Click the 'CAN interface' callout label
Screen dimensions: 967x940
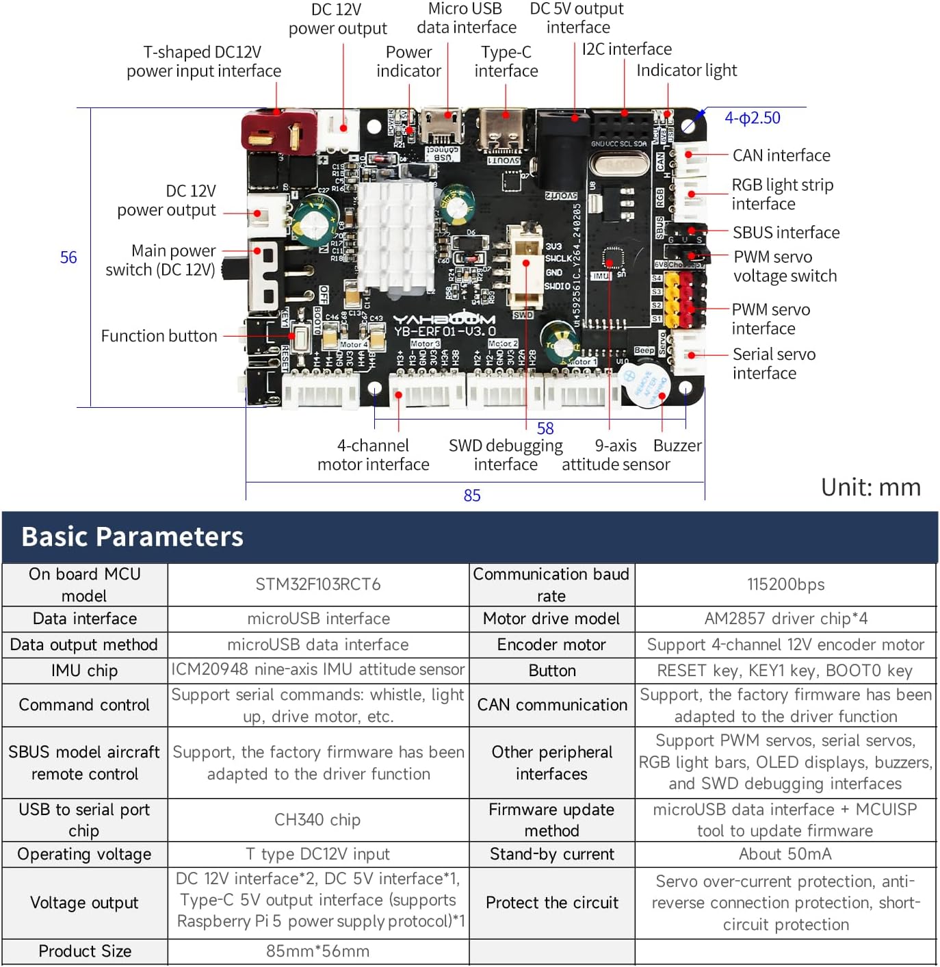click(x=781, y=155)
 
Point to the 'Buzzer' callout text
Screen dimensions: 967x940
click(x=677, y=446)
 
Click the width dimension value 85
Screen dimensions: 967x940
click(x=472, y=495)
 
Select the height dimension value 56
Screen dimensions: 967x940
click(x=68, y=257)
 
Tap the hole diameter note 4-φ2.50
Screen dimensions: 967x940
click(x=753, y=118)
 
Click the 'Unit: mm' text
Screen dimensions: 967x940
click(x=870, y=487)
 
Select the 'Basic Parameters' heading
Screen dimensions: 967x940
click(x=133, y=537)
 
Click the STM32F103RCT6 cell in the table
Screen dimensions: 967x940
click(x=318, y=584)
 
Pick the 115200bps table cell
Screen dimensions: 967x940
click(x=785, y=584)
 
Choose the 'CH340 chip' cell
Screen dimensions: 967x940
click(x=317, y=820)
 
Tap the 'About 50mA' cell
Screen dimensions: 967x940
click(x=785, y=854)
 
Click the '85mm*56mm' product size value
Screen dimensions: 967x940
click(x=317, y=951)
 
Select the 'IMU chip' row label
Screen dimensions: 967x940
click(x=84, y=671)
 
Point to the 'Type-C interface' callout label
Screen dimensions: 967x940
click(x=506, y=62)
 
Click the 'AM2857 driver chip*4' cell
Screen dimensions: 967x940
click(x=785, y=619)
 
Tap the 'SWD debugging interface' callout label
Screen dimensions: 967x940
click(x=506, y=455)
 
